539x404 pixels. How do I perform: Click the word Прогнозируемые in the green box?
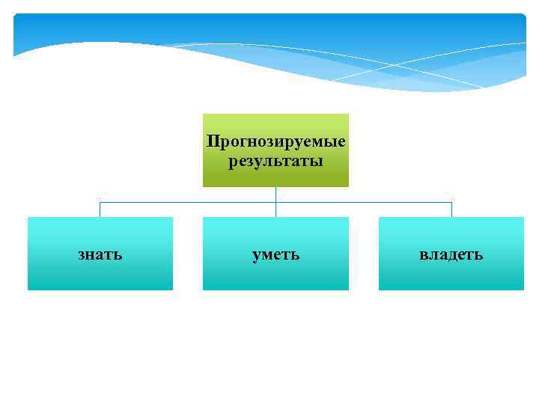click(x=275, y=141)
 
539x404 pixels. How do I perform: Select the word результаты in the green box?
click(x=275, y=161)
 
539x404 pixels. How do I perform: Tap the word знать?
click(x=100, y=254)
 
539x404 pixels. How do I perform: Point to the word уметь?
click(x=275, y=254)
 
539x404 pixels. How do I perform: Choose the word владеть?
click(x=451, y=254)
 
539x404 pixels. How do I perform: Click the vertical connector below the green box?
click(x=275, y=194)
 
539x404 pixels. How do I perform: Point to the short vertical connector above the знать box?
click(x=100, y=209)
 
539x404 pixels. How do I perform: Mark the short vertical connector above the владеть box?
click(x=451, y=209)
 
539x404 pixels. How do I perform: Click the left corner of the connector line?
click(x=100, y=202)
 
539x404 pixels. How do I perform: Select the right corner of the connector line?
click(x=451, y=202)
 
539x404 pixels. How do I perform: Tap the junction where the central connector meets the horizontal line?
click(x=275, y=202)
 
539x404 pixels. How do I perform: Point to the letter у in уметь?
click(x=256, y=256)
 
